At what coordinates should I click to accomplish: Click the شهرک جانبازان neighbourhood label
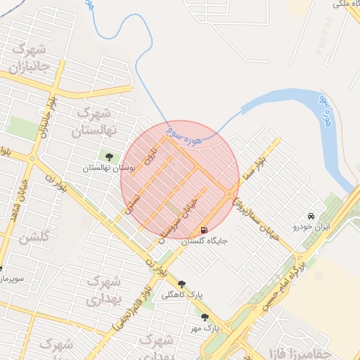(x=29, y=59)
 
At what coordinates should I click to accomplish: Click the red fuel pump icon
(x=204, y=230)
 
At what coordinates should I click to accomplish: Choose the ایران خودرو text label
(x=311, y=227)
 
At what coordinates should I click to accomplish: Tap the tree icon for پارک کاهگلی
(x=181, y=284)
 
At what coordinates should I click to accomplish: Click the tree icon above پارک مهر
(x=205, y=317)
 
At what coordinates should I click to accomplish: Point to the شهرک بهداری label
(x=103, y=290)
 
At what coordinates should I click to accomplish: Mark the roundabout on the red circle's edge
(x=231, y=194)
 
